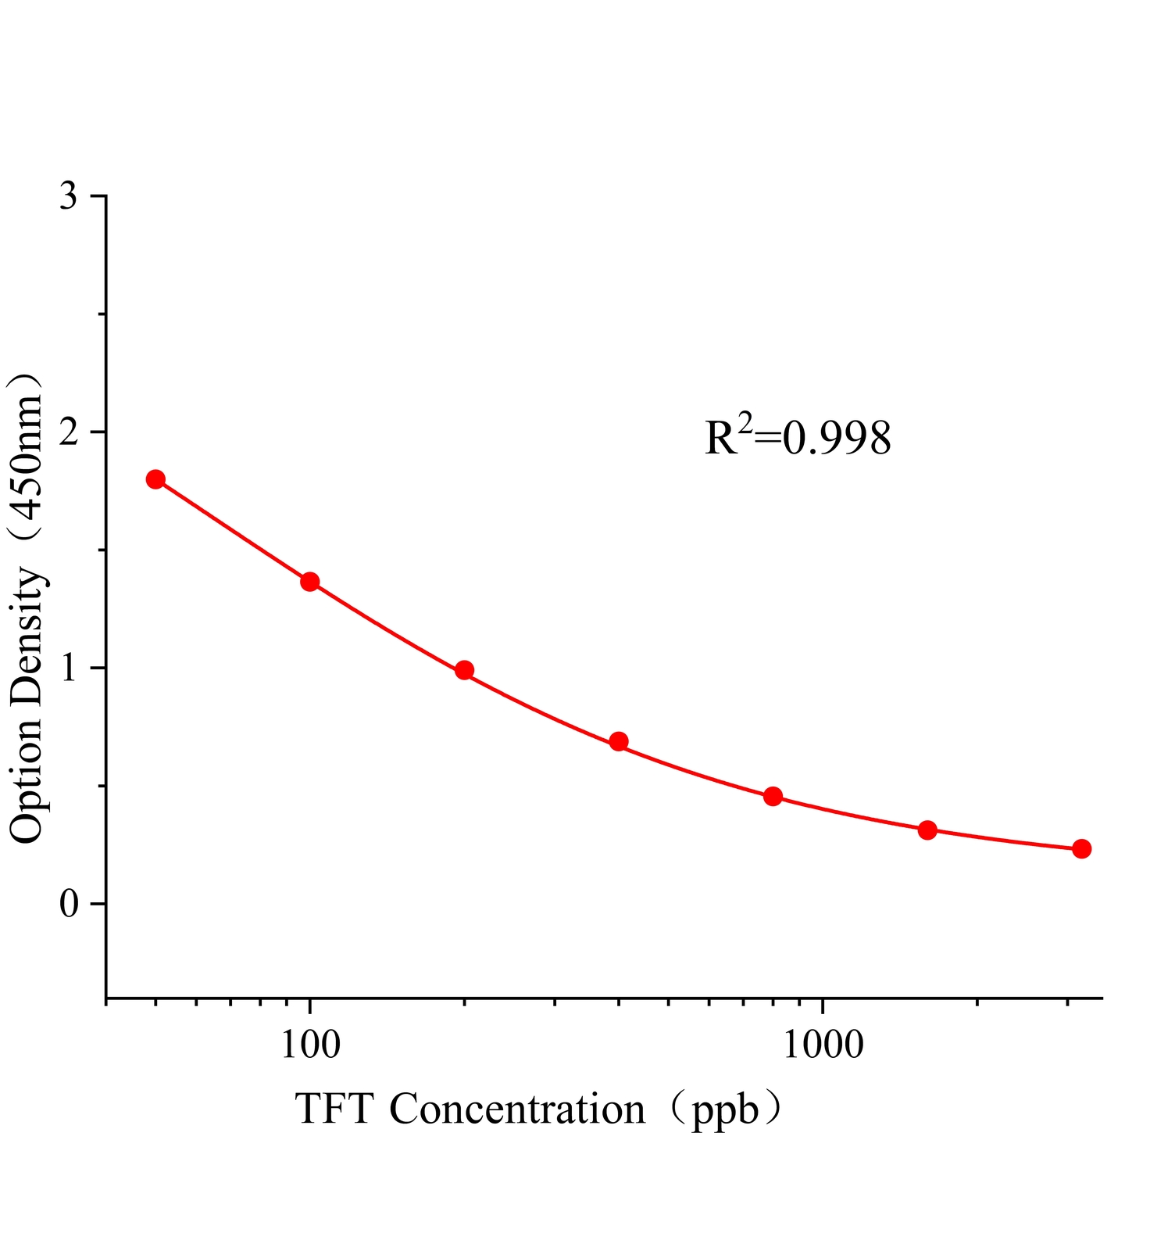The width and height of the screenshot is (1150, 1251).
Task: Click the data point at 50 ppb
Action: tap(155, 479)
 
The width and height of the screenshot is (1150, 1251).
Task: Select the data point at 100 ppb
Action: tap(310, 582)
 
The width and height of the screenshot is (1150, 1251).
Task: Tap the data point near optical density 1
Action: tap(465, 670)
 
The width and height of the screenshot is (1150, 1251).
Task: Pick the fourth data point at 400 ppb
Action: tap(619, 741)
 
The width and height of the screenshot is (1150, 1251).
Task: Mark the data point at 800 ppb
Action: tap(773, 797)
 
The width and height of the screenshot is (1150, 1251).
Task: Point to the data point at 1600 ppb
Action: tap(927, 830)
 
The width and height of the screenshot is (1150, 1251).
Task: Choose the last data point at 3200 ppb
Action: tap(1082, 849)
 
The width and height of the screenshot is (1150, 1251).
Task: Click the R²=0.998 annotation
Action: tap(798, 438)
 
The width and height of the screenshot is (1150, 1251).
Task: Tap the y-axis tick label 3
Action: tap(69, 196)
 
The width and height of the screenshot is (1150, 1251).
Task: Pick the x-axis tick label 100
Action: tap(310, 1044)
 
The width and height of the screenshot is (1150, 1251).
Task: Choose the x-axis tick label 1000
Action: tap(823, 1044)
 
